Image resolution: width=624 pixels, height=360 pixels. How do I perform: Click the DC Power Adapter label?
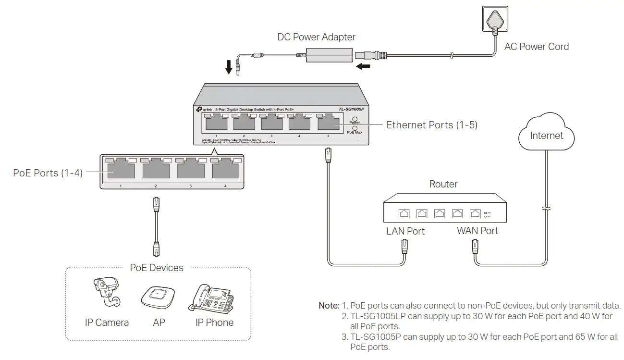316,37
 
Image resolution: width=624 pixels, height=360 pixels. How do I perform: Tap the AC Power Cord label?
536,47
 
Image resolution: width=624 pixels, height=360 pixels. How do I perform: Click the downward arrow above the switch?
230,67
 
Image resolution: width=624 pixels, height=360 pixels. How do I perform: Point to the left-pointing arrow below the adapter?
364,66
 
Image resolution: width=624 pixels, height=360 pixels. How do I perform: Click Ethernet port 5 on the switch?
328,124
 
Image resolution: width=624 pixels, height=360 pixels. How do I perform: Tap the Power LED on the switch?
355,118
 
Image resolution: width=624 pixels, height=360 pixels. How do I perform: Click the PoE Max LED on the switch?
355,128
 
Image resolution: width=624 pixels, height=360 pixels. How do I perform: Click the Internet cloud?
546,135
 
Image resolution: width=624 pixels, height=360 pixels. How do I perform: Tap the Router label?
443,184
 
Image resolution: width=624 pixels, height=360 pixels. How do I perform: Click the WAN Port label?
477,231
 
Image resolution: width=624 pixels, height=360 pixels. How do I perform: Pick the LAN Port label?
405,231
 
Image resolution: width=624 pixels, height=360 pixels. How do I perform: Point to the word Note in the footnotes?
329,306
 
